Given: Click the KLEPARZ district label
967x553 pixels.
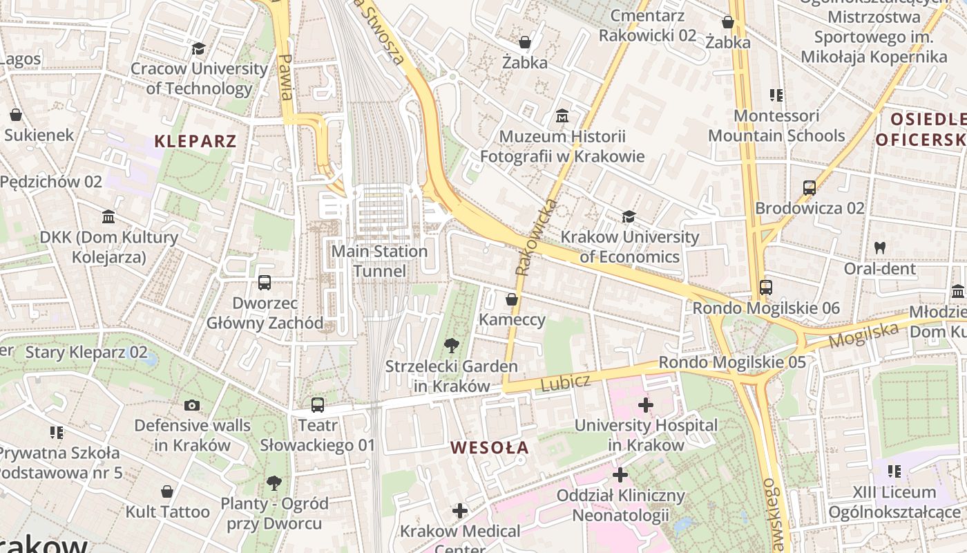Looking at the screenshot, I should click(195, 142).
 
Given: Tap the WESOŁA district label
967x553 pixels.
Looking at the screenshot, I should click(490, 448).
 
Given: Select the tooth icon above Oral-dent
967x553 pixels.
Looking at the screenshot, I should click(879, 247).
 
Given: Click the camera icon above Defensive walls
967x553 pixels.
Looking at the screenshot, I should click(192, 405).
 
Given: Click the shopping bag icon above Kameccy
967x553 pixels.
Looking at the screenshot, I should click(512, 299).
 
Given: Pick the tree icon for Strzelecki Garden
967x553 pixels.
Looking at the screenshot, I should click(452, 345).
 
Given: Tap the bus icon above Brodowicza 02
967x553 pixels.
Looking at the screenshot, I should click(809, 187).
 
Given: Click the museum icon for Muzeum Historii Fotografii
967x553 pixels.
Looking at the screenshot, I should click(562, 116).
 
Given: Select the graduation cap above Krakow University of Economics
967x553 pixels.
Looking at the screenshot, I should click(629, 217).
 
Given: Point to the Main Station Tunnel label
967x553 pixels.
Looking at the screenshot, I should click(379, 261).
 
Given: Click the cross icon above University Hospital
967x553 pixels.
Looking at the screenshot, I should click(646, 404).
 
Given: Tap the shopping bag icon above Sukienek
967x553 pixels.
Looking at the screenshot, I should click(16, 114).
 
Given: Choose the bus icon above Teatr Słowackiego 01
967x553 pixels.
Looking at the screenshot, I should click(317, 405).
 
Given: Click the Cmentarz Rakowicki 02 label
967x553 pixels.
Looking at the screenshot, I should click(647, 26).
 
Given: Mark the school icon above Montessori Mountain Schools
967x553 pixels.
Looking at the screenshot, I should click(776, 95).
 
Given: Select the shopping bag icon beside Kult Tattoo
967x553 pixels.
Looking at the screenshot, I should click(166, 491).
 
